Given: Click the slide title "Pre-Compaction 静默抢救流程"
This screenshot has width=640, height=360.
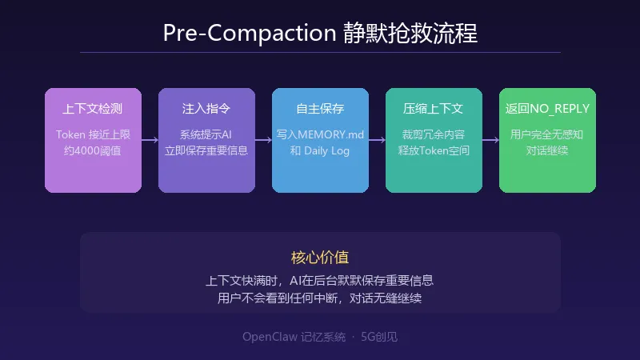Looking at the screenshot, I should click(320, 33).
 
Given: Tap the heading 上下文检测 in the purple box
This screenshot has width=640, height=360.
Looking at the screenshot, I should click(93, 108).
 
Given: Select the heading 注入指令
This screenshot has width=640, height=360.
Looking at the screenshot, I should click(206, 108).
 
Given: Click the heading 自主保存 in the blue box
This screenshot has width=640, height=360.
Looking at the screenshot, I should click(320, 108).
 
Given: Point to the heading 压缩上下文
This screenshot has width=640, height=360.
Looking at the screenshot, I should click(434, 108).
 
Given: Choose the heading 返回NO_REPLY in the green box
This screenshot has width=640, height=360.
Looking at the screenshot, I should click(547, 108).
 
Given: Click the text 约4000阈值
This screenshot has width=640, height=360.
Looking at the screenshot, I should click(93, 150).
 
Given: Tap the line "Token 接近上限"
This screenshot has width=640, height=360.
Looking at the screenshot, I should click(93, 134).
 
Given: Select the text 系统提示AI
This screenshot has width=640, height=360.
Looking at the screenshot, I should click(206, 134).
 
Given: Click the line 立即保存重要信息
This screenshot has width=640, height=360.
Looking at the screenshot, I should click(206, 150).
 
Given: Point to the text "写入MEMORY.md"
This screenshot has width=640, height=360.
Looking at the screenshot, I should click(320, 134).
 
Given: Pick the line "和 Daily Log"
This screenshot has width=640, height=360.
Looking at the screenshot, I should click(320, 150).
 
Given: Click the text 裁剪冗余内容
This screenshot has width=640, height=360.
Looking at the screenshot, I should click(434, 134).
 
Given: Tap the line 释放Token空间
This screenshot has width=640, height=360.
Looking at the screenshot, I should click(434, 150).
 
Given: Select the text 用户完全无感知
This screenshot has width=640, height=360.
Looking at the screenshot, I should click(547, 134).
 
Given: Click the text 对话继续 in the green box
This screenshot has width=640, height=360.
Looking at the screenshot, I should click(547, 150).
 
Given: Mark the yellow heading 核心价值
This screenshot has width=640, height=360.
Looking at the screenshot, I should click(320, 258).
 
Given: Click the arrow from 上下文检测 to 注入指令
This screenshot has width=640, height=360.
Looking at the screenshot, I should click(150, 140).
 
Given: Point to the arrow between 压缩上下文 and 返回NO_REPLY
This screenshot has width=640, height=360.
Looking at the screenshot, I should click(490, 140).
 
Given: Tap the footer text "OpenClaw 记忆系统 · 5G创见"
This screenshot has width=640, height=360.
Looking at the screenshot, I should click(320, 337).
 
